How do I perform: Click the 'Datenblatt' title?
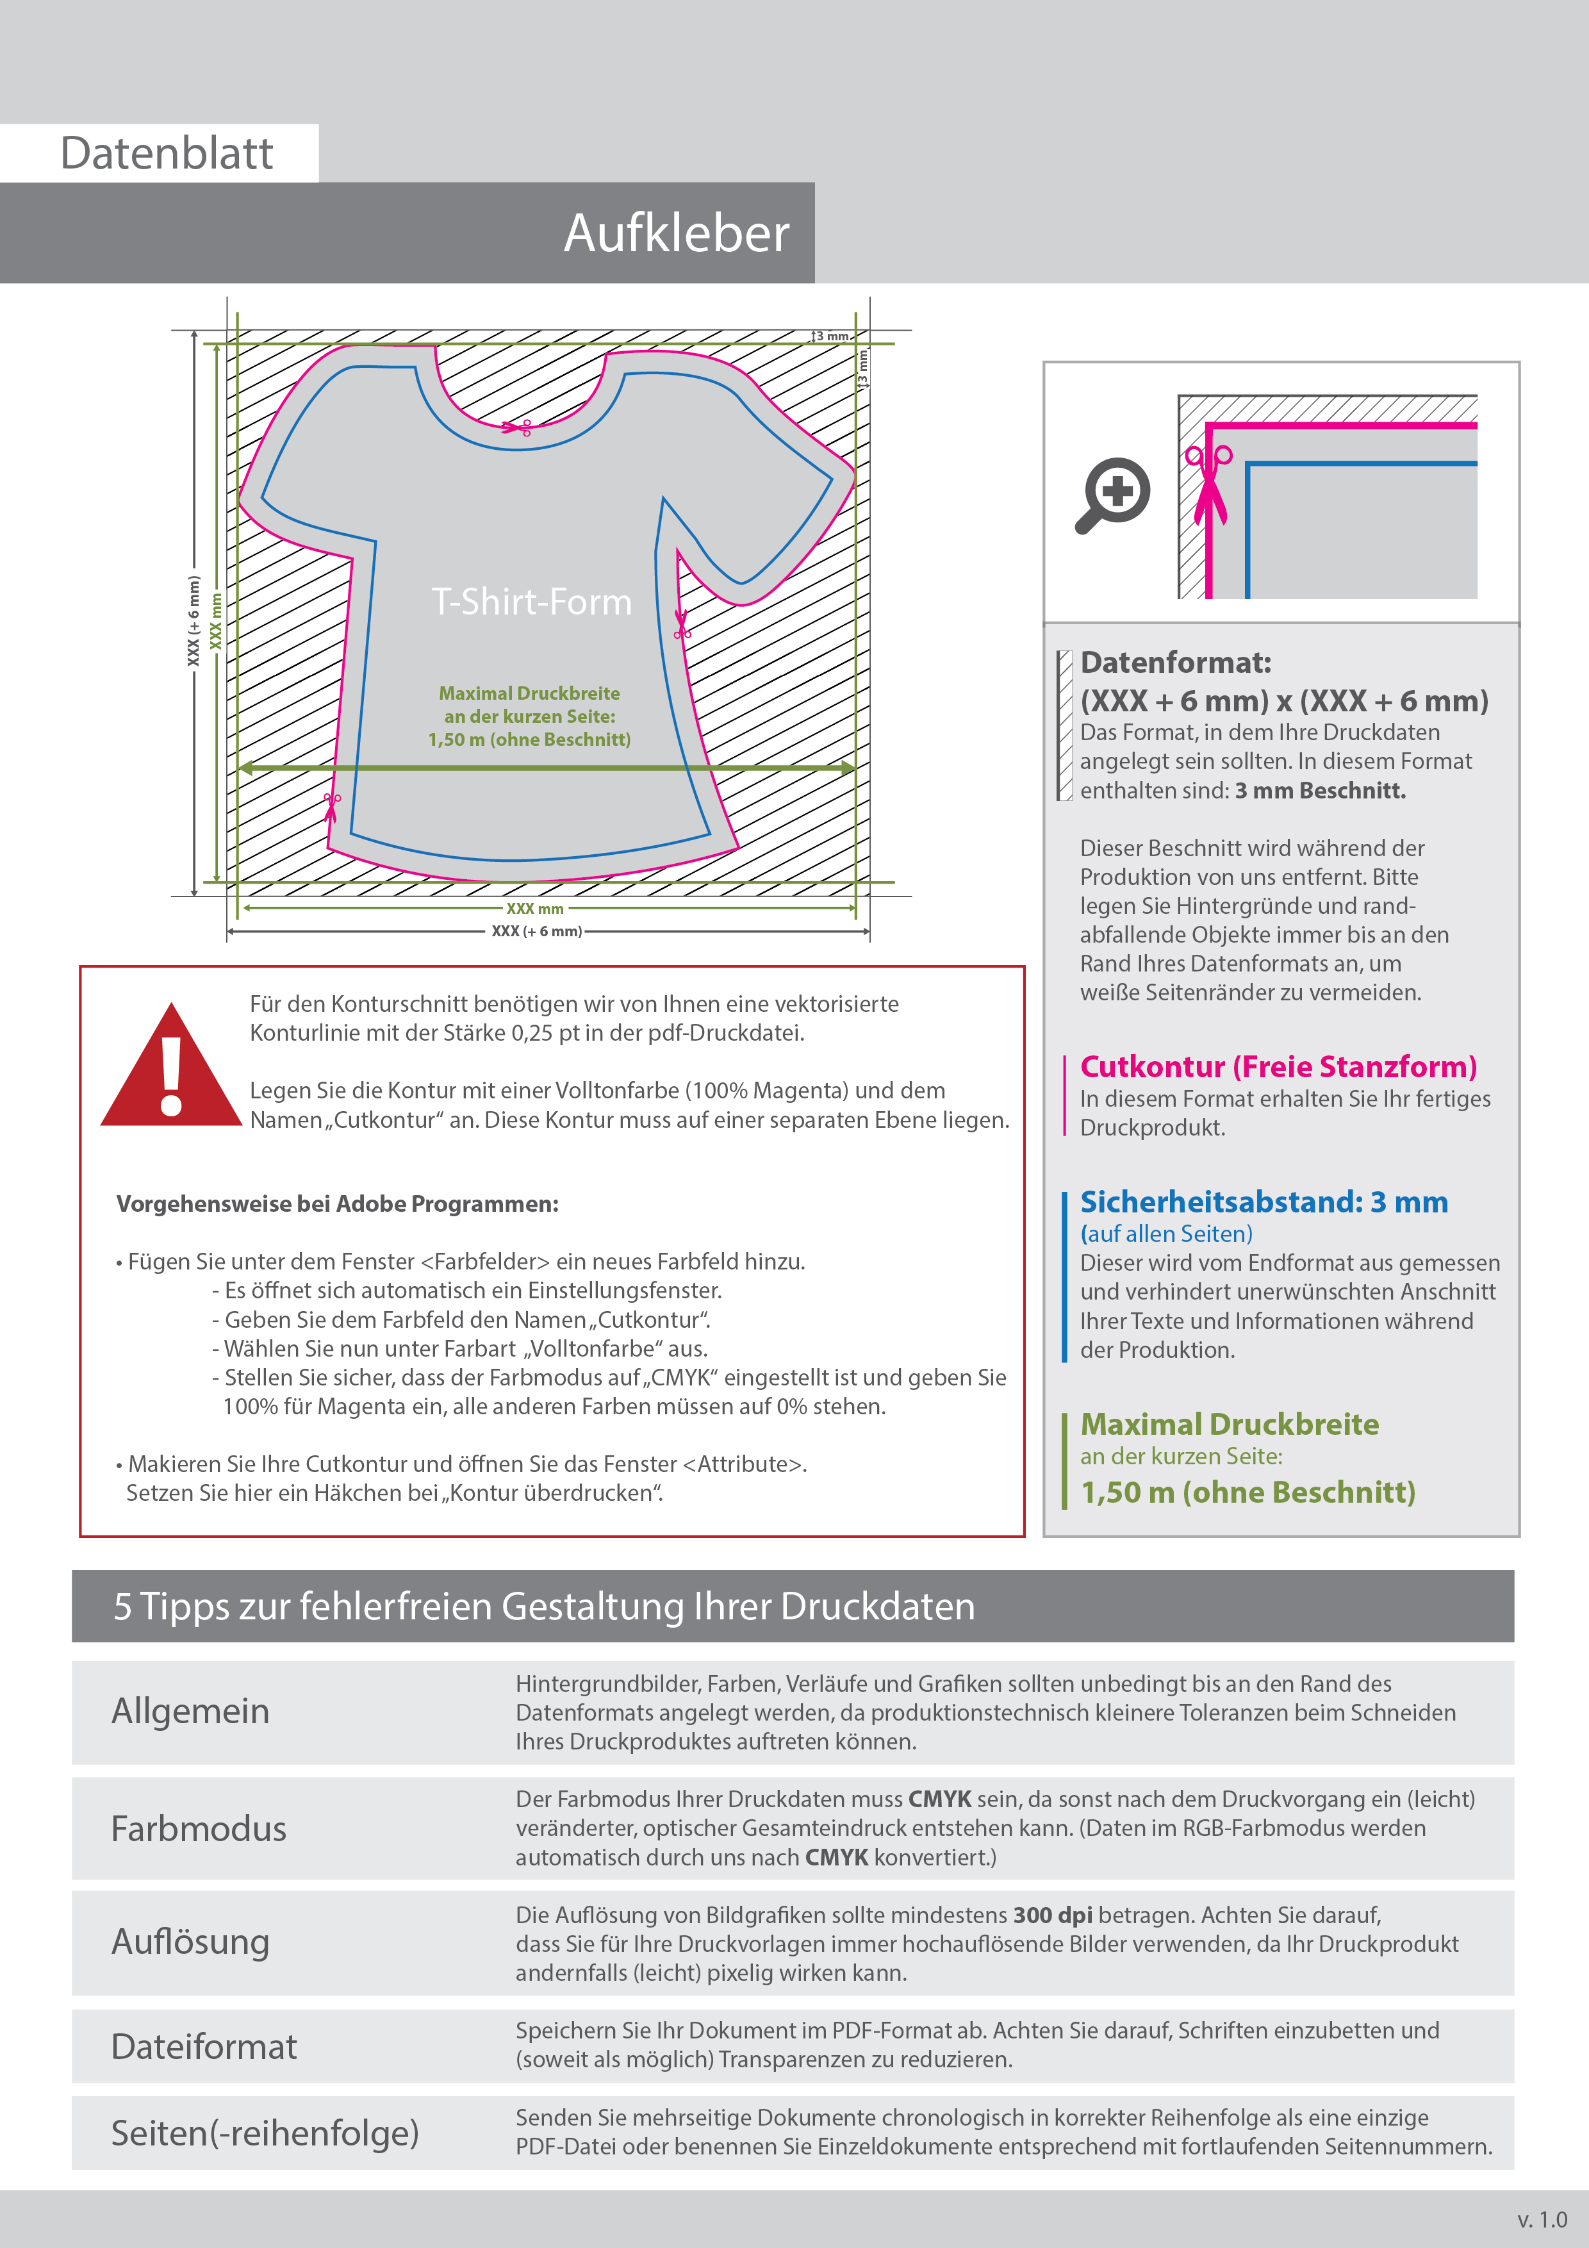167,154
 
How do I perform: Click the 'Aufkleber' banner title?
675,233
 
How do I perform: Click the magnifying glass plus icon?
1113,493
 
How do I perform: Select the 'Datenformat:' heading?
1175,663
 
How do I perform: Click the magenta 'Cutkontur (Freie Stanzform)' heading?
1278,1066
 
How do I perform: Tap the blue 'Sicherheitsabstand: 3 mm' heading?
1263,1202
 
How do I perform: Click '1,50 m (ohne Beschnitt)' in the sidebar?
1247,1492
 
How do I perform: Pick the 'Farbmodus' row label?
199,1828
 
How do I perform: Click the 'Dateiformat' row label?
204,2046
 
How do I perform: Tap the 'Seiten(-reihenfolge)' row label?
265,2133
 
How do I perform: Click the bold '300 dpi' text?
1053,1915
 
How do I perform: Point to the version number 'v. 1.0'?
1542,2219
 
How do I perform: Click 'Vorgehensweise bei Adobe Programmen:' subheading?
337,1204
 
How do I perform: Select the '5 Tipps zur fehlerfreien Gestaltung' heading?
543,1607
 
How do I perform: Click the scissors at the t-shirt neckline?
517,427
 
